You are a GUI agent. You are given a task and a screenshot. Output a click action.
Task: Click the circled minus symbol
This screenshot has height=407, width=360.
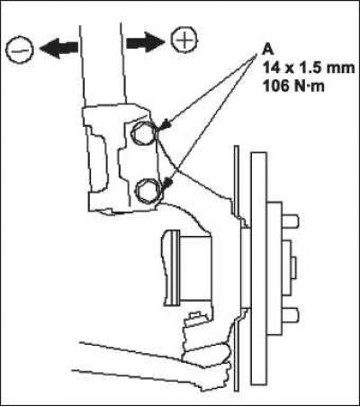[x=19, y=50]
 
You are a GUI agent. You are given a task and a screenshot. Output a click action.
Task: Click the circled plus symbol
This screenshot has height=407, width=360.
[x=184, y=40]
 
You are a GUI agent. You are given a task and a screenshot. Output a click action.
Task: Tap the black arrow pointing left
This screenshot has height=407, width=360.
[x=59, y=50]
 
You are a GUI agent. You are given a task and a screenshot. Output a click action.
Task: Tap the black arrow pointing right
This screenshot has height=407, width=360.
[x=146, y=41]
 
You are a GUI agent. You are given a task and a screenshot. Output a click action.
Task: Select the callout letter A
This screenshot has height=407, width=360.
[x=268, y=50]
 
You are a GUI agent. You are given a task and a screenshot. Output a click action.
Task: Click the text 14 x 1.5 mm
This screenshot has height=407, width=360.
[x=309, y=68]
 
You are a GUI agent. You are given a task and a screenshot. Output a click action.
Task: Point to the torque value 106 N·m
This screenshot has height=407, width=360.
[x=293, y=86]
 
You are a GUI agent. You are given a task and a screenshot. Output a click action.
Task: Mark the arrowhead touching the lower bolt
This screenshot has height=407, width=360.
[x=167, y=183]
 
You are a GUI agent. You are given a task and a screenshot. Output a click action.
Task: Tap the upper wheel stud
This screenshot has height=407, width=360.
[x=290, y=222]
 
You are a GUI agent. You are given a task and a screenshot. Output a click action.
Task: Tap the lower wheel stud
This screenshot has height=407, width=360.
[x=290, y=315]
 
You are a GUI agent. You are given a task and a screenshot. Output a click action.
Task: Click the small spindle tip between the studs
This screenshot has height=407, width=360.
[x=293, y=267]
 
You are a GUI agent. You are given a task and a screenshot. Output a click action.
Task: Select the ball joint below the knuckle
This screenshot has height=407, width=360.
[x=207, y=354]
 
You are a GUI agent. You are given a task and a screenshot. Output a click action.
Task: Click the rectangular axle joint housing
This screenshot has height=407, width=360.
[x=186, y=267]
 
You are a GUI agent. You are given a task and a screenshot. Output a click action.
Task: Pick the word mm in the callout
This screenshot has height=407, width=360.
[x=341, y=69]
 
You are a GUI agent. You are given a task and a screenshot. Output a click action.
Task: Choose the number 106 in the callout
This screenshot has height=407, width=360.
[x=275, y=86]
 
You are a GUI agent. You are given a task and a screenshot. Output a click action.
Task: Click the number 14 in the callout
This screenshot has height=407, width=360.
[x=272, y=68]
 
